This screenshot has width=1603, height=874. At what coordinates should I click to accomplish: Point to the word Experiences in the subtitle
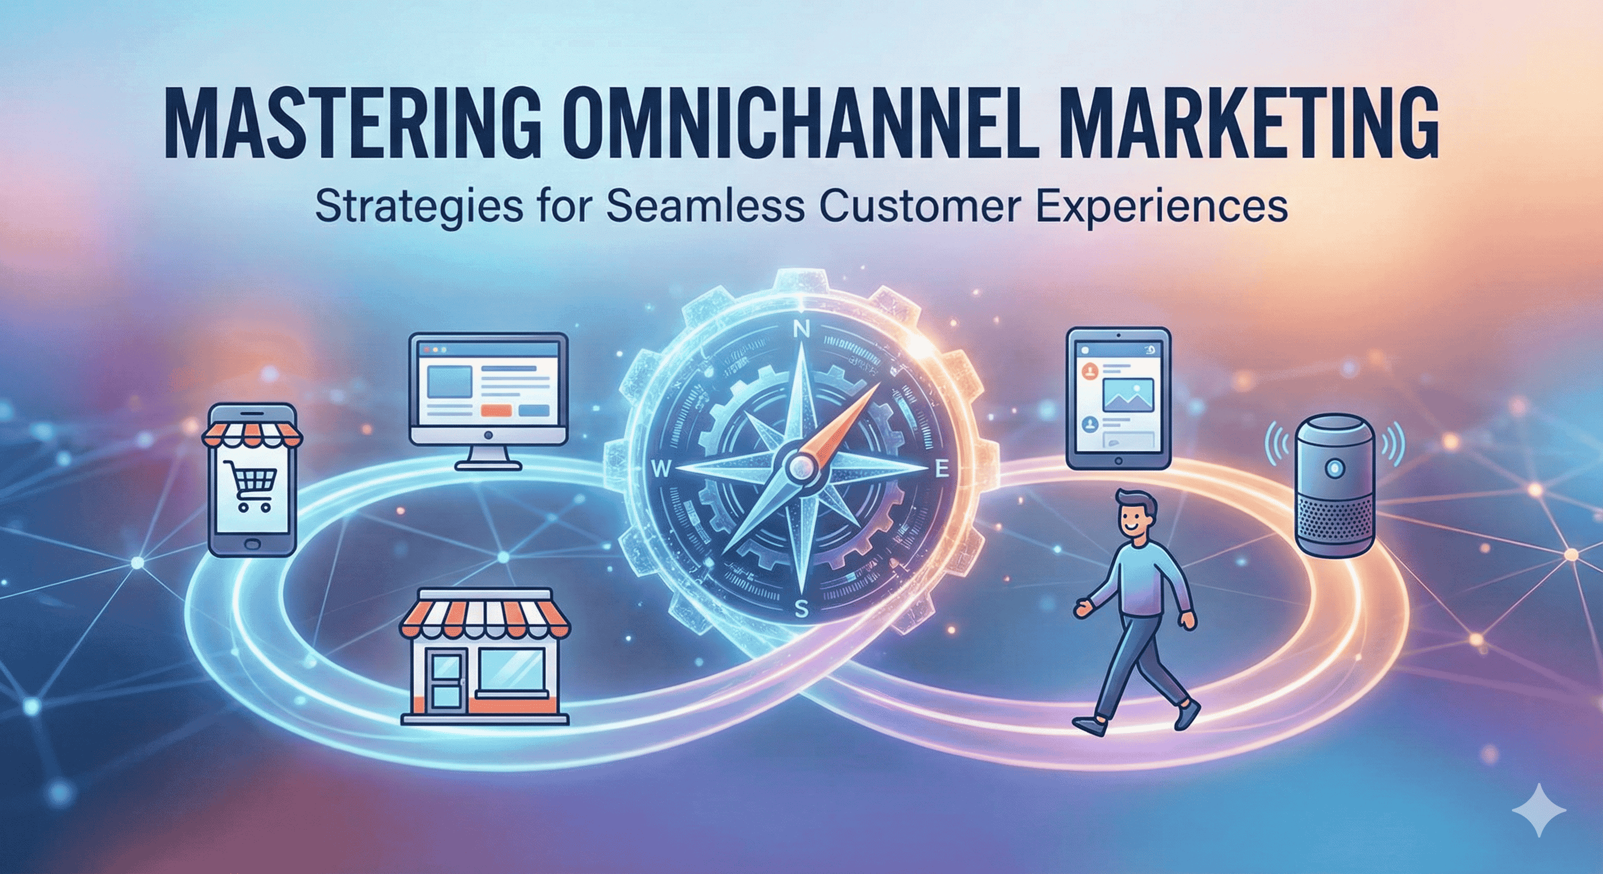pos(1162,207)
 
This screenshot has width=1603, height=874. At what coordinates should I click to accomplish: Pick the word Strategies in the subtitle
pos(418,207)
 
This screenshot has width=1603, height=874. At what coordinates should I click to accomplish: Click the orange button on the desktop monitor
pos(496,411)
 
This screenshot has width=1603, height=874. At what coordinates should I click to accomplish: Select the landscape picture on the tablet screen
pos(1128,395)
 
